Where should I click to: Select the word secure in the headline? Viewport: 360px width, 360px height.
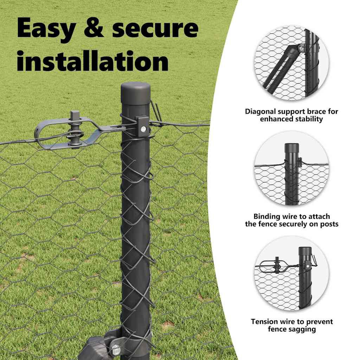(155, 28)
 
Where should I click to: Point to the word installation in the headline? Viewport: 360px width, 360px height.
(93, 60)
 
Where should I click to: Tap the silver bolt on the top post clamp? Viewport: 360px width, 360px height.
(143, 129)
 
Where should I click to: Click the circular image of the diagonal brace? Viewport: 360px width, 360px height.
(291, 63)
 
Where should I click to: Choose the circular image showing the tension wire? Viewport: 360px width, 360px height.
(291, 273)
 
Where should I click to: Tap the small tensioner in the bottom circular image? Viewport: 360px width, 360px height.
(276, 266)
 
